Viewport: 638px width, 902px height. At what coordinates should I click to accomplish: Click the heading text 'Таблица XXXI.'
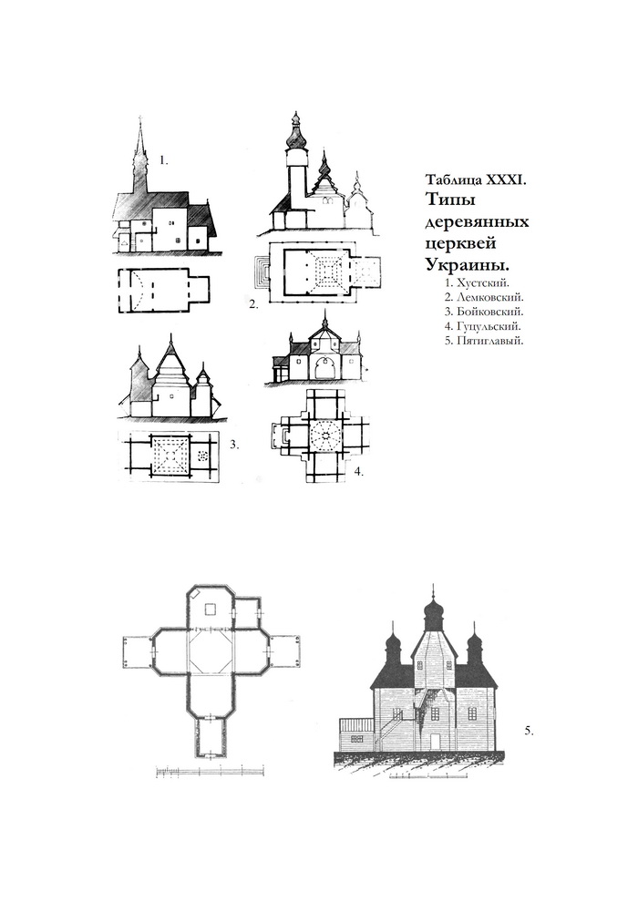tap(475, 179)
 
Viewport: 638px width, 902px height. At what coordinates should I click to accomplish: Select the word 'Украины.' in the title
tap(468, 265)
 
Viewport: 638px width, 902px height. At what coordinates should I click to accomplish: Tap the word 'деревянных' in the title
tap(477, 222)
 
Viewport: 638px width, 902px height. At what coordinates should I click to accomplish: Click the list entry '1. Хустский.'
tap(478, 282)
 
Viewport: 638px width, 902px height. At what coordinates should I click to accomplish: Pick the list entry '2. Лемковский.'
tap(484, 297)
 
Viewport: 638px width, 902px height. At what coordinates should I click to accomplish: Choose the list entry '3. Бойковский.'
tap(484, 312)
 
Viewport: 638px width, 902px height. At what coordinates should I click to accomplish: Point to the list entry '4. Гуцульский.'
tap(483, 326)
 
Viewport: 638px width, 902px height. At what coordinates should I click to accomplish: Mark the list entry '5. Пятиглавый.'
tap(484, 341)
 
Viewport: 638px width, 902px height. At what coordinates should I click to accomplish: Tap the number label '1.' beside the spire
tap(164, 161)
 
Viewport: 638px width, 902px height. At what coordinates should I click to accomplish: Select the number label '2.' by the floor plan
tap(253, 305)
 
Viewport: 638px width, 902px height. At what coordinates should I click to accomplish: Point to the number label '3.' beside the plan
tap(234, 445)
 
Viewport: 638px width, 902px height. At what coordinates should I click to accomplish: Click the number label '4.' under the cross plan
tap(359, 472)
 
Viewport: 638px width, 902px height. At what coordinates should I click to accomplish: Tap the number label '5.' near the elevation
tap(530, 731)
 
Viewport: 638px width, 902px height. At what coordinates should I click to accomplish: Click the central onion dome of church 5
tap(433, 612)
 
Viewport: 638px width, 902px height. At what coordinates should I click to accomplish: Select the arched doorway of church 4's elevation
tap(325, 368)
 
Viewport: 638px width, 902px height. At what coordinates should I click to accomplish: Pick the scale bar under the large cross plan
tap(211, 772)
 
